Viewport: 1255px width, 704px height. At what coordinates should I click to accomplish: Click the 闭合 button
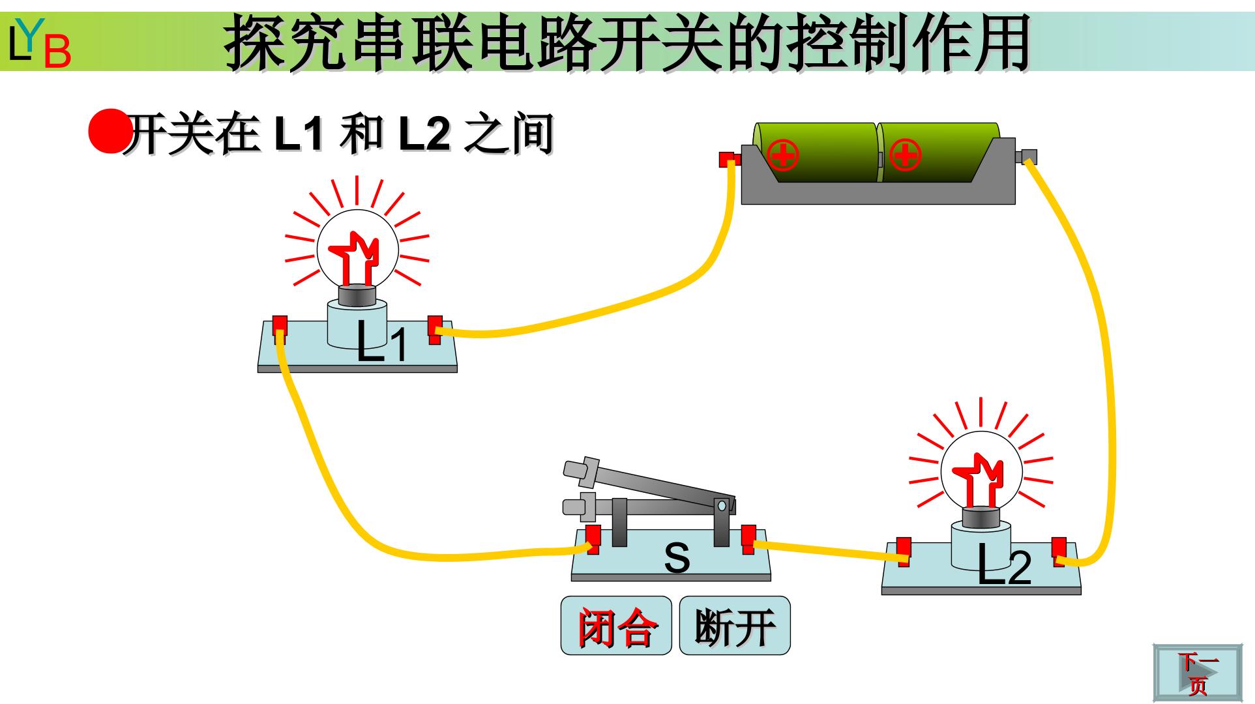616,626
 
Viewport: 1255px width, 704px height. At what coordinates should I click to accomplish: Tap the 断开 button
735,626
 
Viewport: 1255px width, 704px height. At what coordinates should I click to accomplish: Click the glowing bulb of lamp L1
357,251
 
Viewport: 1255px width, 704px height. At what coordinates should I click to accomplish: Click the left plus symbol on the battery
782,154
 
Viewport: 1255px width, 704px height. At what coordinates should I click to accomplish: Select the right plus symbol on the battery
904,154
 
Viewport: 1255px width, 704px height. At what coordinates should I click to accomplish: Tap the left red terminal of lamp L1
280,330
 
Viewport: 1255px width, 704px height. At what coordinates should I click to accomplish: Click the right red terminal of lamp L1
435,330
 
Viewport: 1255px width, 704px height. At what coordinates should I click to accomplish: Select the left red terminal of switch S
593,540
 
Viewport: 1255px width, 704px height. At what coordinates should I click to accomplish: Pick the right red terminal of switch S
748,540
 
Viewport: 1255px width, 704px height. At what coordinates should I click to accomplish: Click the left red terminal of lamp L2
904,551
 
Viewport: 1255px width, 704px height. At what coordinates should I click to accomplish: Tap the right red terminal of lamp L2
1059,551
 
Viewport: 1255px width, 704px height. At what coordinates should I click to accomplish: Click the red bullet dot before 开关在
108,131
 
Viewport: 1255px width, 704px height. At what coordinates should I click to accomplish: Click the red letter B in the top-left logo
57,51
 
